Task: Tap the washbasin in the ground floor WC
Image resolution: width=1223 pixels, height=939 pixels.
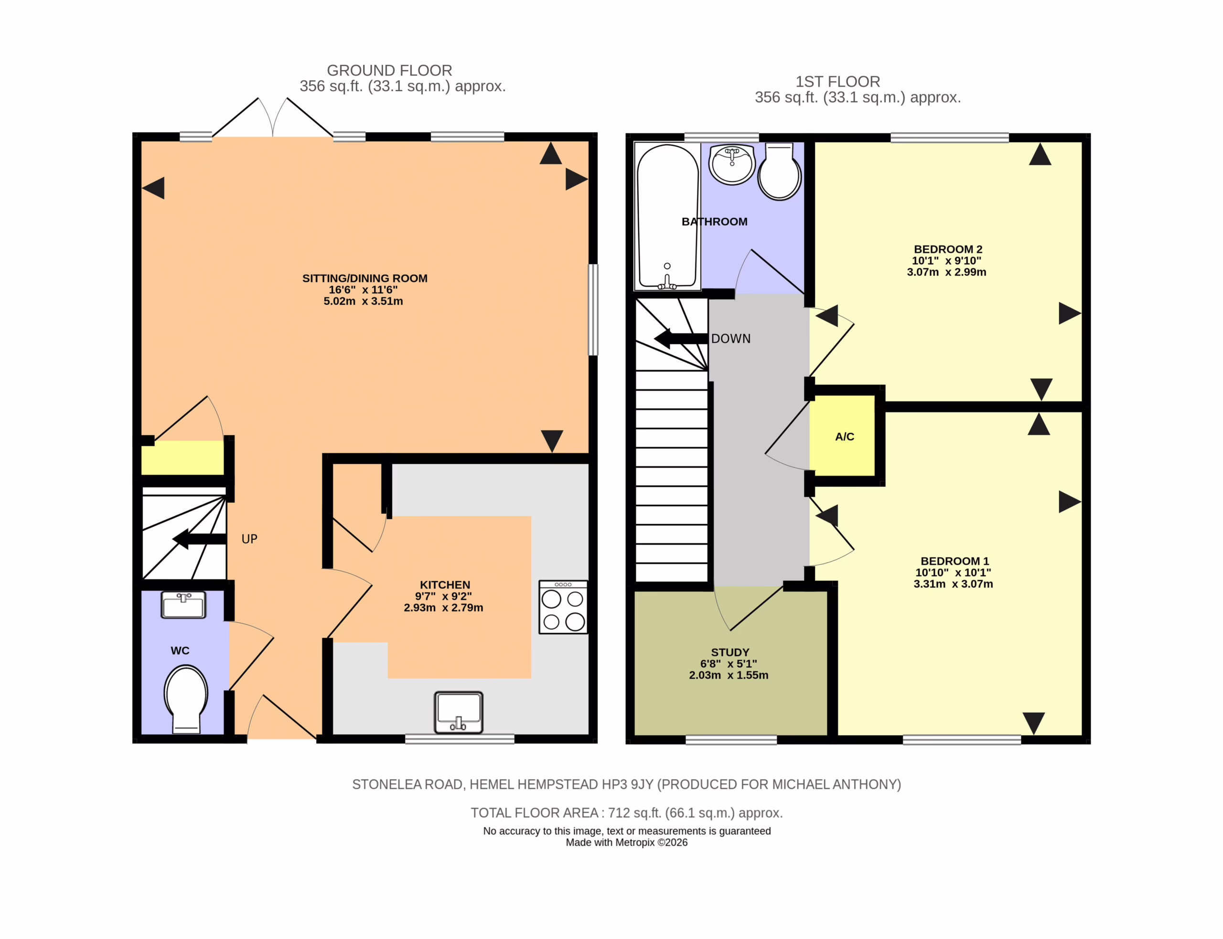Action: [x=183, y=605]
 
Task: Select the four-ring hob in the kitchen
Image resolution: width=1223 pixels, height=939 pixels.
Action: [x=563, y=607]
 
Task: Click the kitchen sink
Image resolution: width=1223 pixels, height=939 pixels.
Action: [x=458, y=712]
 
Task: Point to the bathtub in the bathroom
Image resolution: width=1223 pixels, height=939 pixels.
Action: [x=667, y=216]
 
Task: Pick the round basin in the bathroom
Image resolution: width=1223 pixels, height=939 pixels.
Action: [x=732, y=164]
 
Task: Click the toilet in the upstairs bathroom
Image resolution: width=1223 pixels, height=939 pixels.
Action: [x=779, y=171]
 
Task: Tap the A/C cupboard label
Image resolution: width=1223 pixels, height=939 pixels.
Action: [x=844, y=437]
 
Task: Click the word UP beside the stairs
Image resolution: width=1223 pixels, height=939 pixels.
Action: [x=249, y=539]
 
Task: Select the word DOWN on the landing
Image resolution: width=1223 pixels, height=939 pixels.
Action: [x=730, y=339]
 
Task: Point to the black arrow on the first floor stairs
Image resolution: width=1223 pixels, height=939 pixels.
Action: [x=681, y=338]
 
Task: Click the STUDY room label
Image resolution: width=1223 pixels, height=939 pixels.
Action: [x=730, y=652]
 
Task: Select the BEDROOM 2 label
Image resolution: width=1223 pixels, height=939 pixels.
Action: [x=948, y=249]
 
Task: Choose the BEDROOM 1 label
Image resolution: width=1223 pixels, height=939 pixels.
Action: [x=955, y=561]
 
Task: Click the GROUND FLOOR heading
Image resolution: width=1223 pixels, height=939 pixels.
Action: [x=390, y=70]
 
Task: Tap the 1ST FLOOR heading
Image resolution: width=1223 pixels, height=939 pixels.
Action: [x=838, y=82]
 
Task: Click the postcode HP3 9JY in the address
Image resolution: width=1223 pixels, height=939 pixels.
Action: [x=627, y=784]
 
